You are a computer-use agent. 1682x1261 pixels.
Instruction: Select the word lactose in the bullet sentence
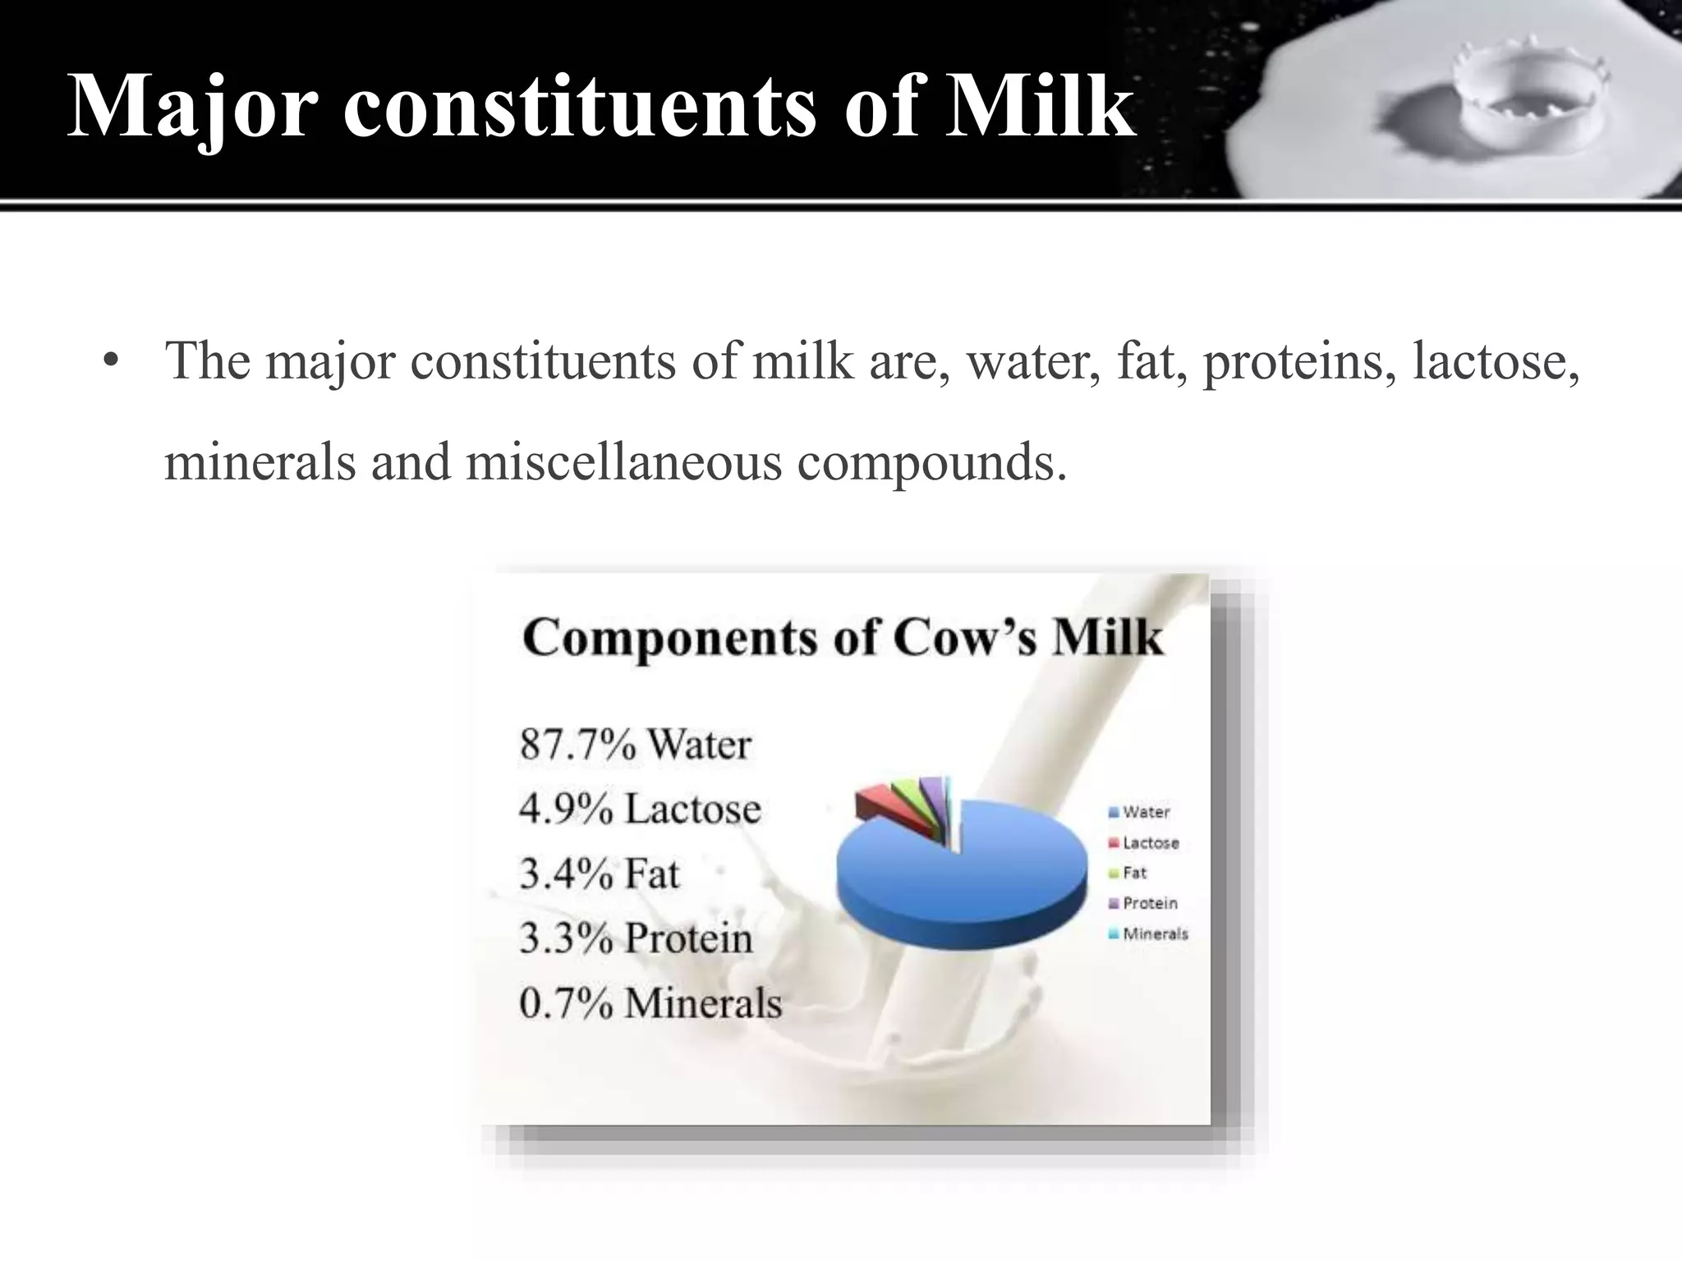1495,360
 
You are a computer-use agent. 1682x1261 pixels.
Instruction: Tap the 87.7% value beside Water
577,745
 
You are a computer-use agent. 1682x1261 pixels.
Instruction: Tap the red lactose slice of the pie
874,803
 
